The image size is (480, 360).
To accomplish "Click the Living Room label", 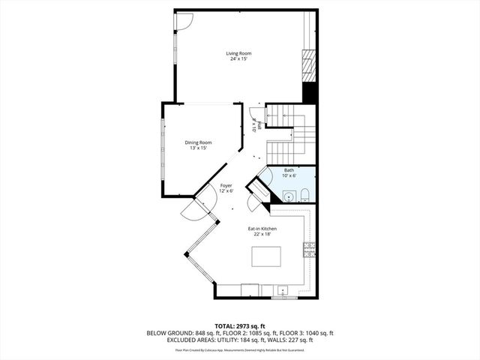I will tap(240, 53).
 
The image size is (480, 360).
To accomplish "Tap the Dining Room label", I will tap(199, 142).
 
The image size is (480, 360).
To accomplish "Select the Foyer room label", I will tap(226, 185).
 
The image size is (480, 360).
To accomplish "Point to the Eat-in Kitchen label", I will tap(262, 228).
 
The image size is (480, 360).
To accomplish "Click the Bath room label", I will tap(289, 170).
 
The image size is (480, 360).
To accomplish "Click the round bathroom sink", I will tap(289, 197).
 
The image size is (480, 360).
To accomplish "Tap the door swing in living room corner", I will tap(183, 21).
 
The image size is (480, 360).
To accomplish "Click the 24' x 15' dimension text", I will tap(240, 59).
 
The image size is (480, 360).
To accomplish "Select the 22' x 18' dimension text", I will tap(262, 234).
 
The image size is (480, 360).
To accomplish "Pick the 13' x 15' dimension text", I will tap(199, 148).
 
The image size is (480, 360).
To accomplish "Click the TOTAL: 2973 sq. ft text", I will tap(240, 325).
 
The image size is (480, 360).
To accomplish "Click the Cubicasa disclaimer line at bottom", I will tap(240, 349).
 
